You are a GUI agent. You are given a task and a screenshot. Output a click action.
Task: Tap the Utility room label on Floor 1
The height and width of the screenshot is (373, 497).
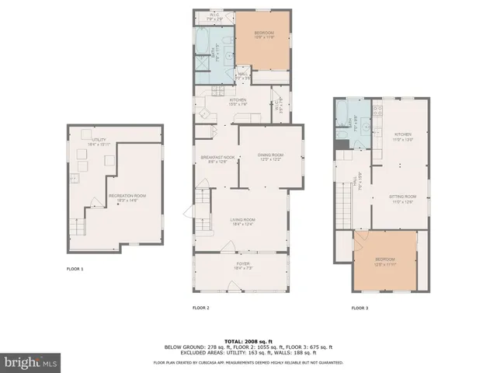(x=99, y=141)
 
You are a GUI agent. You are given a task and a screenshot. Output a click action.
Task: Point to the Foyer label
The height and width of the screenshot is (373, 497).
(x=243, y=267)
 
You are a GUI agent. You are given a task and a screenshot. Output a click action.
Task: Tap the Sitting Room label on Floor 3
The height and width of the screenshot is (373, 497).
(x=403, y=198)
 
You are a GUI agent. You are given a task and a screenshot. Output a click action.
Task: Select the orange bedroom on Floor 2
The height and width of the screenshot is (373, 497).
(x=265, y=36)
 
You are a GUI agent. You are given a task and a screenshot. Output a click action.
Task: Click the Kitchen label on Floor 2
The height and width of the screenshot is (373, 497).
(x=238, y=102)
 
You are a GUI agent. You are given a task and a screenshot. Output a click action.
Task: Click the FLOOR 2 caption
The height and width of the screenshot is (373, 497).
(x=201, y=308)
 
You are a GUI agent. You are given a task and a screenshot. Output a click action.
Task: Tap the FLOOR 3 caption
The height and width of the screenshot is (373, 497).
(x=360, y=308)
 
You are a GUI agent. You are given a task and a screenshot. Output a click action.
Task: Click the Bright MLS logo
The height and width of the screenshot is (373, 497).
(x=31, y=361)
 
